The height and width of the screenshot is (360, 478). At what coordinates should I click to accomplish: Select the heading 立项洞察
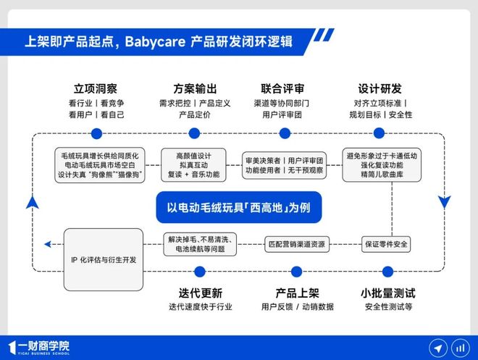point(96,89)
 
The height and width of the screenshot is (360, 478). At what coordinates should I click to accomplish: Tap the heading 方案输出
point(195,89)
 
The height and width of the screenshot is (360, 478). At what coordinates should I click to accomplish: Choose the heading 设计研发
point(380,89)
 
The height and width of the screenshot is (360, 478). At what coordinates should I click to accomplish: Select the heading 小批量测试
point(388,293)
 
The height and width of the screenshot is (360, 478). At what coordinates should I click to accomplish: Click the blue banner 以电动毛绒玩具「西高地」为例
point(238,206)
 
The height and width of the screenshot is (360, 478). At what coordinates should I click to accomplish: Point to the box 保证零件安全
point(386,244)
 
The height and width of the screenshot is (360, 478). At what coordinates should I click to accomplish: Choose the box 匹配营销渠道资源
point(296,244)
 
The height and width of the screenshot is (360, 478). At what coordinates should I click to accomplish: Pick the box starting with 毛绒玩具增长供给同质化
point(101,164)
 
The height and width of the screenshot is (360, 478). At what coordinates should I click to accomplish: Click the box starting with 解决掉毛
point(199,244)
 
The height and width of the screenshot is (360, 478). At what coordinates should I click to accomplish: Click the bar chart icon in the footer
point(459,347)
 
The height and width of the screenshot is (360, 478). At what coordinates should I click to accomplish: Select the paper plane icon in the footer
point(437,347)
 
